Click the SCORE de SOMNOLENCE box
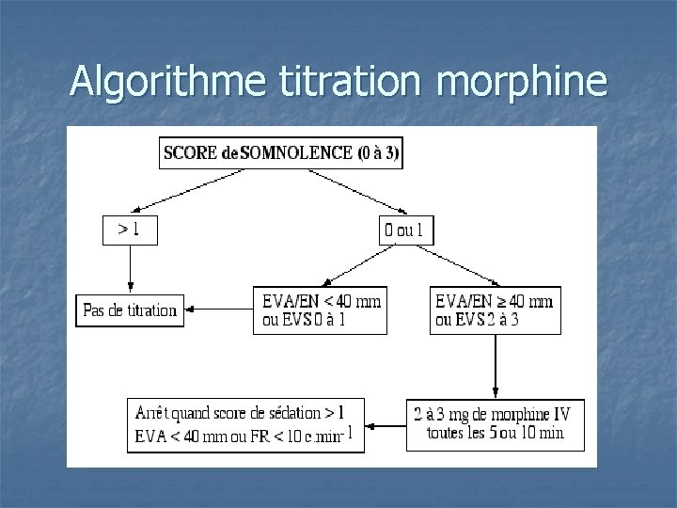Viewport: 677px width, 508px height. tap(281, 152)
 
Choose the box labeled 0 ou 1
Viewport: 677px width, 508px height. tap(407, 230)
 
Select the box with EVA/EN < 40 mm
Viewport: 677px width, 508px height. tap(320, 310)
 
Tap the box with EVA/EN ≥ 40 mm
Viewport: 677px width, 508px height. tap(496, 310)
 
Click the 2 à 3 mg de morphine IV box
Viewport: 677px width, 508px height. tap(496, 424)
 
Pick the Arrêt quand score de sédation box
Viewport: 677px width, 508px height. tap(245, 425)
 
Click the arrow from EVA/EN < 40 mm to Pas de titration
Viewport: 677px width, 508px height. tap(219, 308)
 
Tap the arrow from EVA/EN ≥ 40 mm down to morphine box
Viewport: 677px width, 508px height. tap(496, 367)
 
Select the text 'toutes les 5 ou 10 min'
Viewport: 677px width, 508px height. tap(496, 434)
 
